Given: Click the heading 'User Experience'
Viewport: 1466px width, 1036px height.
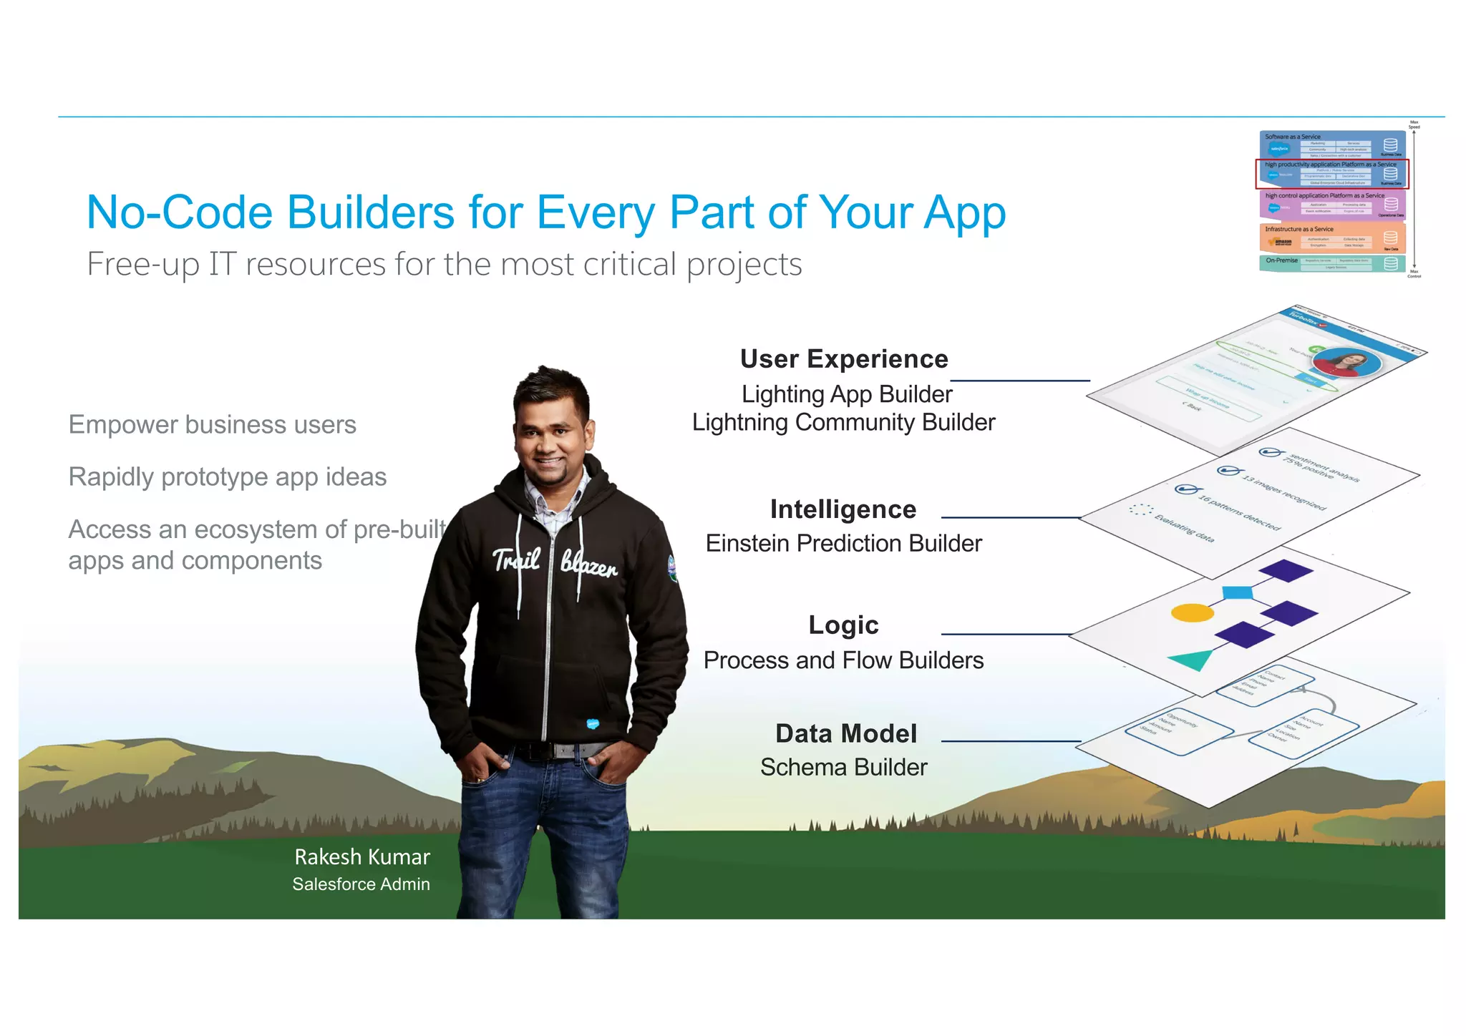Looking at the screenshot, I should (843, 359).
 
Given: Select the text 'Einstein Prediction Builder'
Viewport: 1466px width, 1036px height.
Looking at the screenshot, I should (843, 544).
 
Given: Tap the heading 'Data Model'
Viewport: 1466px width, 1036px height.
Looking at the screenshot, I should (845, 734).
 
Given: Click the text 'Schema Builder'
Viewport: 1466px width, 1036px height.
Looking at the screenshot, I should (843, 768).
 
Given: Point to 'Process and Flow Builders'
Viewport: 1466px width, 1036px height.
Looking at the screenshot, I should (843, 660).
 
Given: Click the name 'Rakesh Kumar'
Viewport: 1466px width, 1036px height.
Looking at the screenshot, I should (362, 857).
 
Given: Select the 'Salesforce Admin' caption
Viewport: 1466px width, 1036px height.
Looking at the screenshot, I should (361, 884).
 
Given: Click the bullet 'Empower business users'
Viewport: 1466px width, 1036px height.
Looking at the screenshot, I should (212, 425).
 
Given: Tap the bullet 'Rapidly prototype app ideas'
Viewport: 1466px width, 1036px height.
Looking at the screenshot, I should (227, 477).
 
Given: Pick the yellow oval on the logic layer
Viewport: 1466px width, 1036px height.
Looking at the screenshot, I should (1192, 613).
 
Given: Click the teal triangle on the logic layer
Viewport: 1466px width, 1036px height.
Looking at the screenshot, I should (1191, 659).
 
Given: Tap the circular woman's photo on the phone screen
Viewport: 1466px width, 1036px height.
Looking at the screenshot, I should (1347, 363).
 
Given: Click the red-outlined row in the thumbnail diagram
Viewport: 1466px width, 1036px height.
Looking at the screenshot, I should (1331, 174).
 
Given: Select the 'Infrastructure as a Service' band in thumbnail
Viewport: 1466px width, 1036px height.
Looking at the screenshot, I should (1331, 238).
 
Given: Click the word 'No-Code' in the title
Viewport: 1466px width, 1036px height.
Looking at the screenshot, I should (180, 212).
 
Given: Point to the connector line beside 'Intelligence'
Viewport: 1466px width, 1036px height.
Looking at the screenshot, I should (1009, 517).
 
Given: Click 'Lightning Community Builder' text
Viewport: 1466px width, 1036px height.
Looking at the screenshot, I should (843, 423).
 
